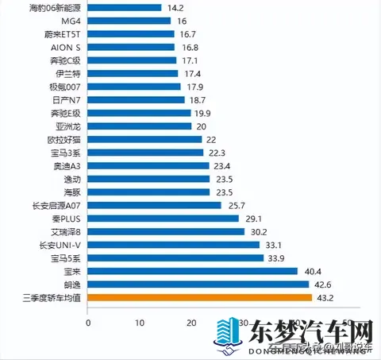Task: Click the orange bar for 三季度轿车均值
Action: coord(199,298)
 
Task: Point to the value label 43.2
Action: coord(325,298)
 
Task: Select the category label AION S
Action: coord(64,48)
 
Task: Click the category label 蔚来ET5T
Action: coord(63,34)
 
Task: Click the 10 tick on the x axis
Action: coord(140,323)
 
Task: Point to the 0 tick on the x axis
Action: coord(88,323)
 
